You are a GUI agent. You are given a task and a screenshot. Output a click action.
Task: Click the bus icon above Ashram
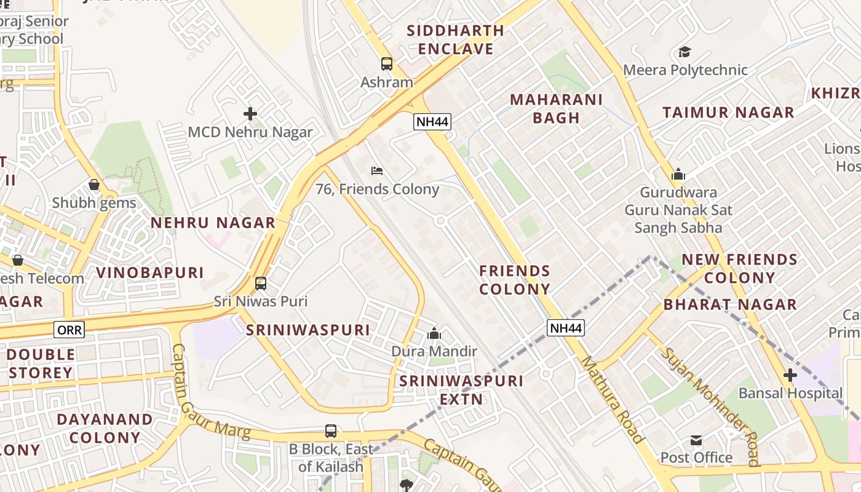pos(386,63)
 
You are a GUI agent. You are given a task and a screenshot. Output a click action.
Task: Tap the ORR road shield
pos(69,330)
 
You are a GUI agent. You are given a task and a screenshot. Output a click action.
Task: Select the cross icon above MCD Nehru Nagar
pos(250,114)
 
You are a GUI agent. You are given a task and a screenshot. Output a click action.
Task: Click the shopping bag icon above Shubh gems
pos(94,184)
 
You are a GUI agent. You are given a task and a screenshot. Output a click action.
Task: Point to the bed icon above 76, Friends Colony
pos(377,170)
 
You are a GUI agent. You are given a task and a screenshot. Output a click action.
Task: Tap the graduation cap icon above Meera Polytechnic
pos(684,52)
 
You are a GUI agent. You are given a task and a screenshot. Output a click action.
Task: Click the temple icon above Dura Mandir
pos(434,334)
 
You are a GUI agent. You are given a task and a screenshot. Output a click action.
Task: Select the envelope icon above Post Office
pos(696,440)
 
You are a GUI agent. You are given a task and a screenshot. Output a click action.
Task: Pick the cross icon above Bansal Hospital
pos(790,375)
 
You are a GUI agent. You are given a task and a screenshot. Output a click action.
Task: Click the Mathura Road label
pos(612,400)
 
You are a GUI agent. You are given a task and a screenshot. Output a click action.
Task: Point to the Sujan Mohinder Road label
pos(710,406)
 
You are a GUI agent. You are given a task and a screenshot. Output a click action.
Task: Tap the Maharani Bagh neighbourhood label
pos(556,108)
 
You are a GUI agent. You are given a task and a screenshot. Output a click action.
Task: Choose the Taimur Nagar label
pos(728,113)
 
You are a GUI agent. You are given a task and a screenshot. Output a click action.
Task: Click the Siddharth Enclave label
pos(456,39)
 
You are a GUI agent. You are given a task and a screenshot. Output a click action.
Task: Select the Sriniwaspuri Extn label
pos(461,390)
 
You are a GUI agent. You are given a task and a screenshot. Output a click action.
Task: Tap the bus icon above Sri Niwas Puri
pos(261,284)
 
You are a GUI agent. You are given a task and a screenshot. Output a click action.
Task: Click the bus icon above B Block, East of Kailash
pos(331,431)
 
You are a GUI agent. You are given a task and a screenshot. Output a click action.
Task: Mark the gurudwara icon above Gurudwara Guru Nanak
pos(678,175)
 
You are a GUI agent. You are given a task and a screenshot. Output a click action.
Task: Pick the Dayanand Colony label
pos(105,428)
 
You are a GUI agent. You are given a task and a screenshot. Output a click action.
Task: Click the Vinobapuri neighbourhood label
pos(149,272)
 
